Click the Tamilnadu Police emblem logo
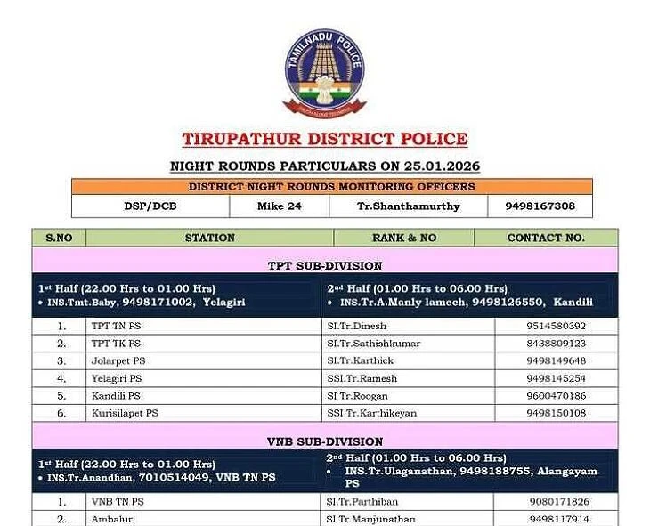325,71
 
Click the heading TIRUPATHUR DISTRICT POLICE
325,140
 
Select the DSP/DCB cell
150,206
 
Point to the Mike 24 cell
279,206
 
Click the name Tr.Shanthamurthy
409,206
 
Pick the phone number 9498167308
540,206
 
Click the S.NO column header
59,238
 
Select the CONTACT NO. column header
545,238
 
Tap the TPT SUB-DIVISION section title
325,265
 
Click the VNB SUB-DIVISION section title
325,441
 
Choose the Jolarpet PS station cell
118,360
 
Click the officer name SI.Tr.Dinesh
357,326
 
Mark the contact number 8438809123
557,344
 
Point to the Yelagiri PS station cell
116,378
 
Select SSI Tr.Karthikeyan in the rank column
371,413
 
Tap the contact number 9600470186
557,395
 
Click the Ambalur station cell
110,519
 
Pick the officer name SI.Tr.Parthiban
362,501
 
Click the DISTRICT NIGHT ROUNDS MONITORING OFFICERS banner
331,187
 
